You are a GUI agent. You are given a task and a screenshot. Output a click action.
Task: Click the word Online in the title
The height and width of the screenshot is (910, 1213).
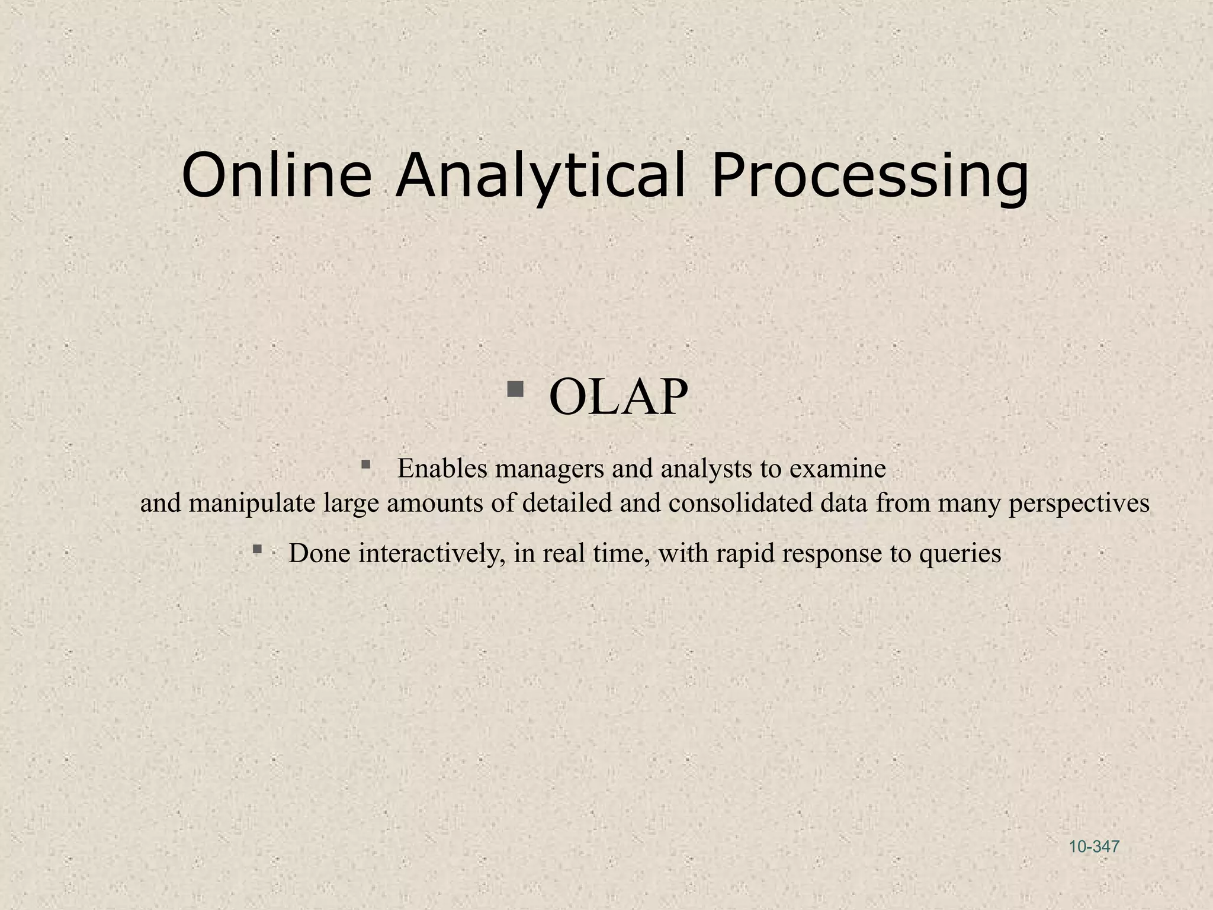[277, 176]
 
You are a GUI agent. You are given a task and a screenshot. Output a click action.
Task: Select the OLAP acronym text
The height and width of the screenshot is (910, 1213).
[618, 397]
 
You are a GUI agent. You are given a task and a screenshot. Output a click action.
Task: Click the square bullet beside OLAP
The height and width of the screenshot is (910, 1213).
[515, 389]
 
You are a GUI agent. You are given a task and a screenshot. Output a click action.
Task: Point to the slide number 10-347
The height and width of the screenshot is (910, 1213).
[1094, 847]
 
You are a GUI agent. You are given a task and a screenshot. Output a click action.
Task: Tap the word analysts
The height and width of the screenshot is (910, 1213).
[707, 470]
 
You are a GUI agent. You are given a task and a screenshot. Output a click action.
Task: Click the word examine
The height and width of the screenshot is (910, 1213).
[837, 469]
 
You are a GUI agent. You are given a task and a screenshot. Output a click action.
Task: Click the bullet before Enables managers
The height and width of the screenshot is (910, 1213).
[365, 464]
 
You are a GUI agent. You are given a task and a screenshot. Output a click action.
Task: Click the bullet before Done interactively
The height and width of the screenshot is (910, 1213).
[257, 549]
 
